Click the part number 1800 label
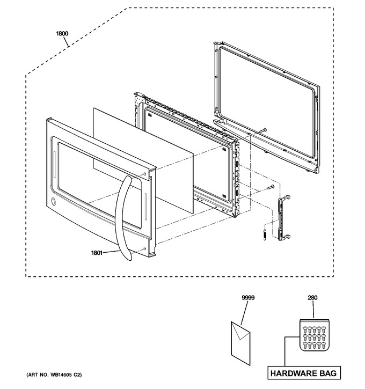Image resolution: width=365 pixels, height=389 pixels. coord(62,33)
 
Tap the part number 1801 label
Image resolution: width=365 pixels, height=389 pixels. coord(97,253)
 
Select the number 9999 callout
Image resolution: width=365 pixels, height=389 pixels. coord(248,297)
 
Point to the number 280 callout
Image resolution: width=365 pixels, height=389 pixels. coord(312,297)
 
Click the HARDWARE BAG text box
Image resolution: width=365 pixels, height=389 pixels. coord(304,373)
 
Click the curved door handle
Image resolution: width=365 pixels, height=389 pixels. coord(123,218)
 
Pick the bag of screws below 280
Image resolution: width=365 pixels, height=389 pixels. coord(315,335)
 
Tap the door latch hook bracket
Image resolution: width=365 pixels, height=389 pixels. coord(284,218)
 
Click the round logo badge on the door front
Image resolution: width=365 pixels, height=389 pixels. coord(53,201)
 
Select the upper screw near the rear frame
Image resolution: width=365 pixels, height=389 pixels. coord(263,130)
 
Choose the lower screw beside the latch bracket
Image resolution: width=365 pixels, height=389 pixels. coord(271,187)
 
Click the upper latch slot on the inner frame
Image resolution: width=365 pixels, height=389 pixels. coord(237,165)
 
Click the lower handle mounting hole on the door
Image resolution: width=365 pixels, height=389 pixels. coord(145,248)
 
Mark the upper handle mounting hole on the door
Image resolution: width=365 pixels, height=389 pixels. coord(145,174)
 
